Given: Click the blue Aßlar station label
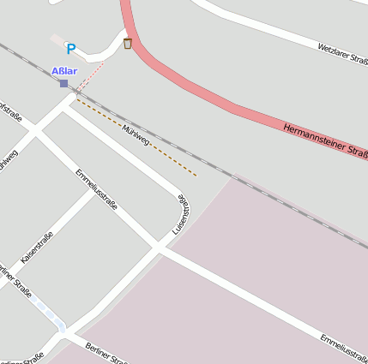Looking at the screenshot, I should tap(64, 71).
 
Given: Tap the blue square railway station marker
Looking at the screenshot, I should tap(63, 83).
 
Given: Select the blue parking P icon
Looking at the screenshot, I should tap(71, 50).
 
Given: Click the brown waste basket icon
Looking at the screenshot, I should tap(128, 44).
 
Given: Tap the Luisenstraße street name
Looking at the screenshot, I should tap(181, 215).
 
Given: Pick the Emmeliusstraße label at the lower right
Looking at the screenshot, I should tap(343, 344).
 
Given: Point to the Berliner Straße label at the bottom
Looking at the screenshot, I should tap(107, 351).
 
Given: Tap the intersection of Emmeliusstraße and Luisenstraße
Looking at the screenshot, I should tap(158, 248).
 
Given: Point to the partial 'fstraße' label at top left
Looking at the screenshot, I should tap(10, 113).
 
